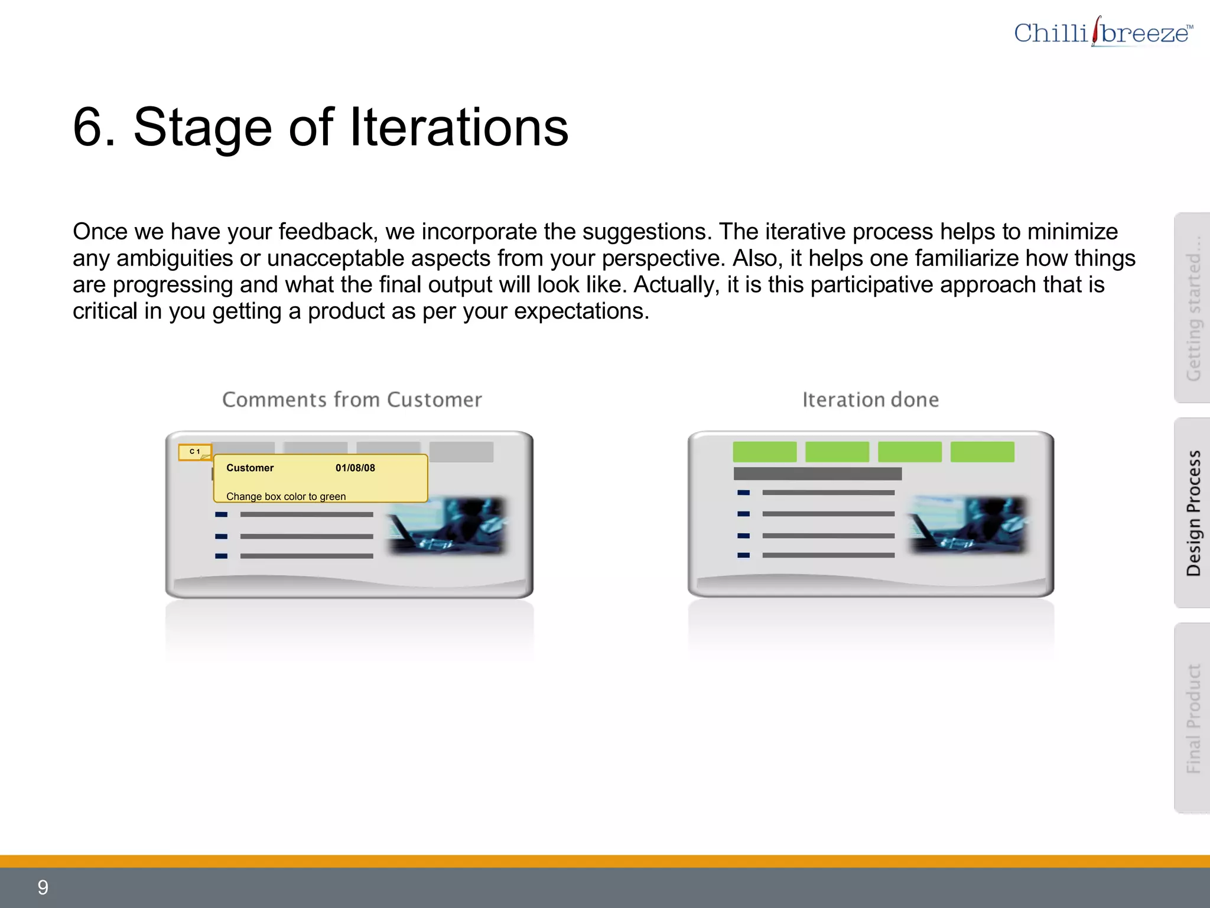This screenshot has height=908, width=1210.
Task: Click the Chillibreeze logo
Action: (1102, 33)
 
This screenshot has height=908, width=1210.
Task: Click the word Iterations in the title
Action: (459, 127)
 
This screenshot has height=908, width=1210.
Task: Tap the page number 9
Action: (43, 887)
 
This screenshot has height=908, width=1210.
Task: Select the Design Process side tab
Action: (1193, 513)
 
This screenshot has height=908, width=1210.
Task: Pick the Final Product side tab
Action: (1193, 718)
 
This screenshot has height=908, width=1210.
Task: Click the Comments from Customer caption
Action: (352, 400)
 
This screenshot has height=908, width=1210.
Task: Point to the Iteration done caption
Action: (870, 400)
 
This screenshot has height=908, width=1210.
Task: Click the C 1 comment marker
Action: (195, 452)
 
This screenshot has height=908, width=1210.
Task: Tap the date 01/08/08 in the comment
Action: (355, 468)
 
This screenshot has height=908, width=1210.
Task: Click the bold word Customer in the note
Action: (250, 468)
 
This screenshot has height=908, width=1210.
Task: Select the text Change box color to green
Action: (286, 497)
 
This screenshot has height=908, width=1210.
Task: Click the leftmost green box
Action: (765, 452)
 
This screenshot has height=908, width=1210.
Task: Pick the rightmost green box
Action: (982, 452)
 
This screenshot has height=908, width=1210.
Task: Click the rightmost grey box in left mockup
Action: (461, 452)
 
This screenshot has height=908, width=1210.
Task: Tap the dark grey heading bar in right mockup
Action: (817, 474)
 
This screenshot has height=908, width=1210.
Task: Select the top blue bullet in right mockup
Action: (743, 492)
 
